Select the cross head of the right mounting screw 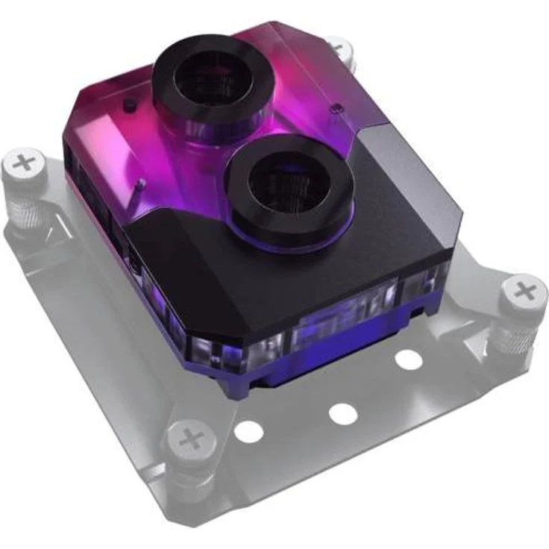click(526, 289)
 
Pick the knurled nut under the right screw click(514, 336)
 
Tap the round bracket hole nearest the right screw click(408, 359)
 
